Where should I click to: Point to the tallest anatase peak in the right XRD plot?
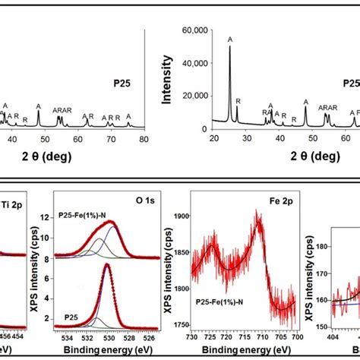(x=230, y=47)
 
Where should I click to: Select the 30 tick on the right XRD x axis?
(x=247, y=139)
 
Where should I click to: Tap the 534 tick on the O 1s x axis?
(x=68, y=334)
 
